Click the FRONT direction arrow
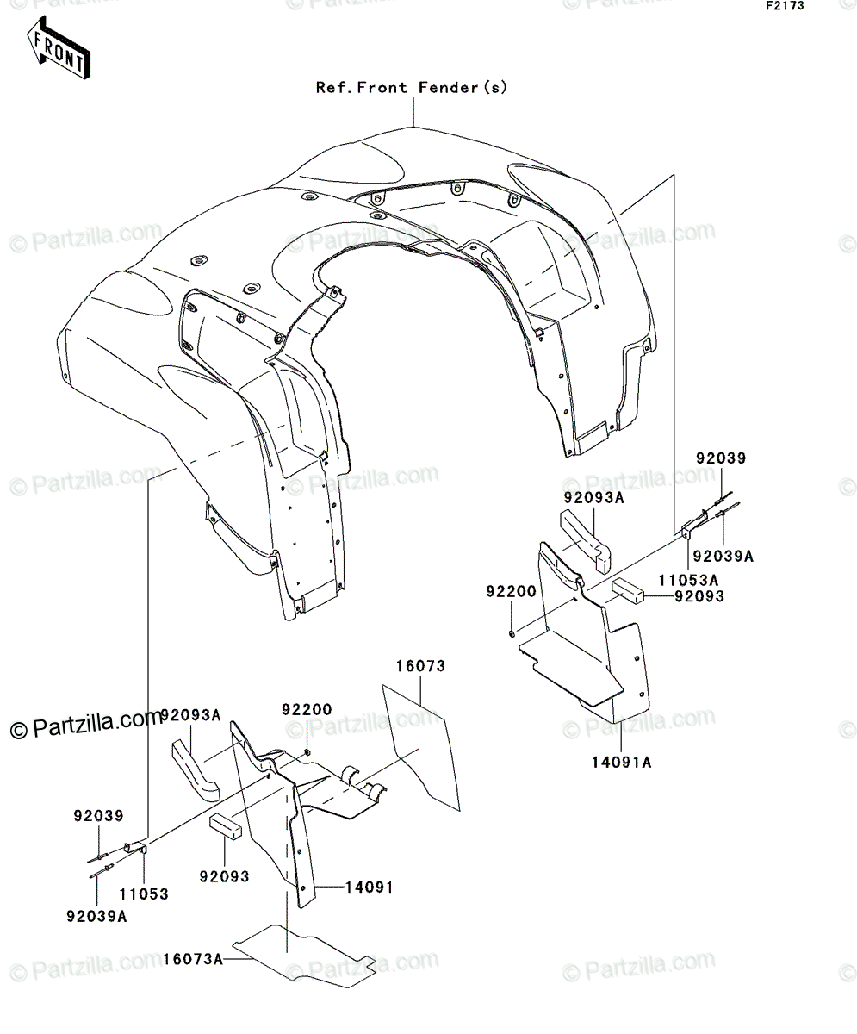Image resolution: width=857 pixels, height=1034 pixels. [59, 47]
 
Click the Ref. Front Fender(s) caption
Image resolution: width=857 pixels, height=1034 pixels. [412, 88]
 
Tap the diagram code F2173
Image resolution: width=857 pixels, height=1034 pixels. [786, 6]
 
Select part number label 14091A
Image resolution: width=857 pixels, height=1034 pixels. [621, 763]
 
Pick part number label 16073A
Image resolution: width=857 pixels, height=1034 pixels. [193, 959]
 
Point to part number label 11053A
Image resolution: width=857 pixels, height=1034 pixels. [688, 580]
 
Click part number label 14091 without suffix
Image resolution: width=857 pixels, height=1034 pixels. [369, 887]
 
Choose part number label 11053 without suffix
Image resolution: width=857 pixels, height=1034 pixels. [144, 894]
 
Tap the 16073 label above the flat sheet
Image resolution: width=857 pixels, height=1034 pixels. [420, 666]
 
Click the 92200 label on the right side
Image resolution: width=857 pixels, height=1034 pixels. [511, 591]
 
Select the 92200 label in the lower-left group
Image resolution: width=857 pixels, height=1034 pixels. [307, 710]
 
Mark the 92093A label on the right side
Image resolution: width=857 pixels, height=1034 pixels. [593, 498]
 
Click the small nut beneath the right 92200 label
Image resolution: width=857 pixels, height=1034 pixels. [512, 632]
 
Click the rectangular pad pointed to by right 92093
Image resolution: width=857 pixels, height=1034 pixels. [628, 590]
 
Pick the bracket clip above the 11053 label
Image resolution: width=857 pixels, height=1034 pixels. [135, 848]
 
